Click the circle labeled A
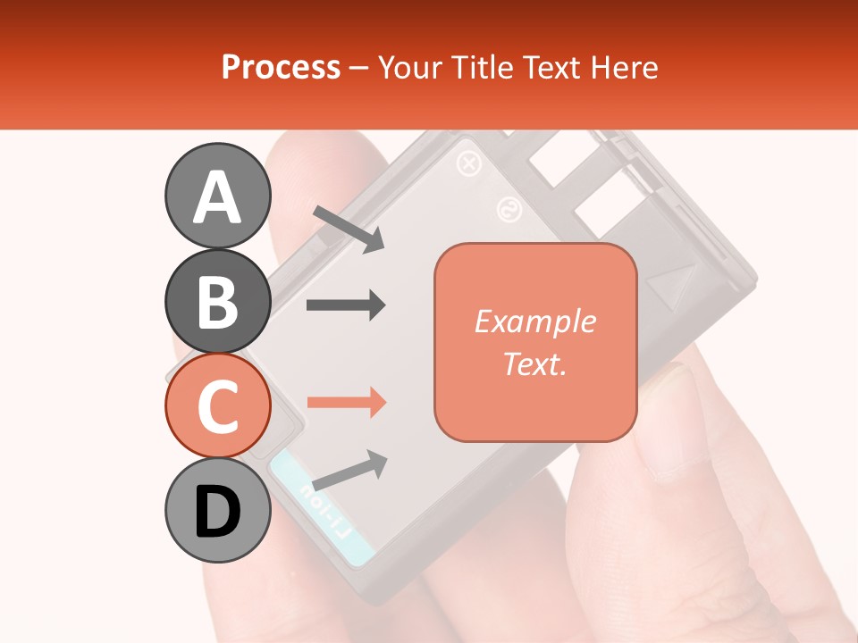(217, 196)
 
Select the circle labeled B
(217, 302)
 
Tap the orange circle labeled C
(217, 406)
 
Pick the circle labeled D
(217, 511)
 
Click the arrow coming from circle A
(349, 228)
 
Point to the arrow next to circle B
(346, 305)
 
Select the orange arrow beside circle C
(346, 402)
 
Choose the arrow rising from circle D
(349, 470)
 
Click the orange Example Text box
(535, 342)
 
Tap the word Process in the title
(281, 67)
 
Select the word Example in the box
(534, 321)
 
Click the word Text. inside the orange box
(534, 363)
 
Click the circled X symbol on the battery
(468, 163)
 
